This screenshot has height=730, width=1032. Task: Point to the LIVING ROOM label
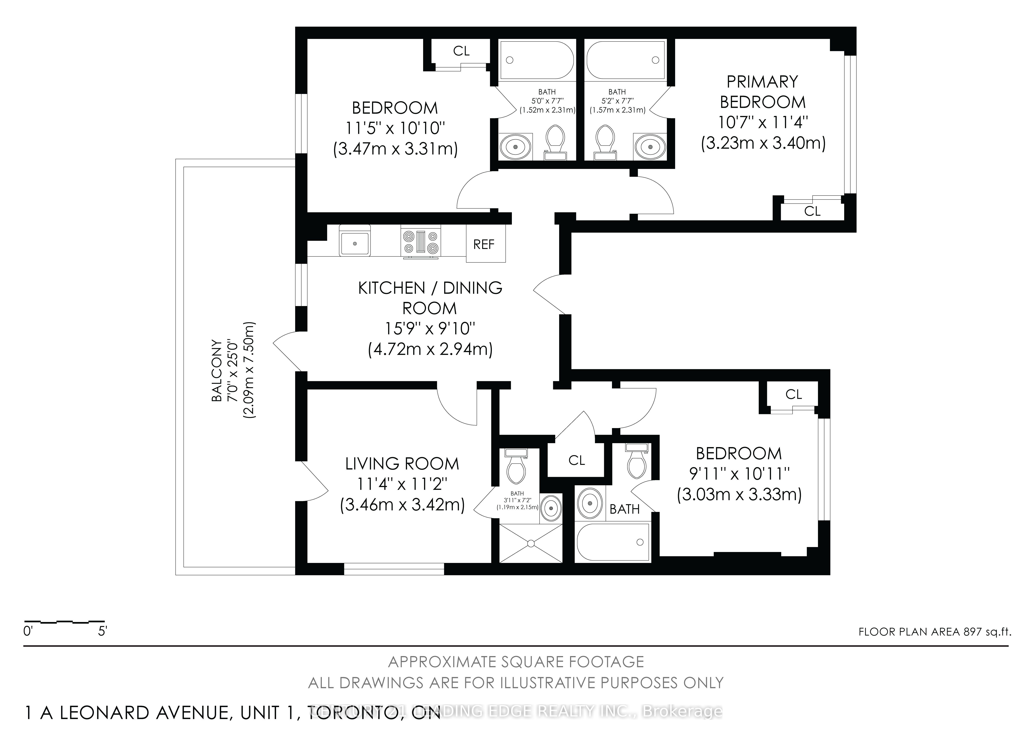402,464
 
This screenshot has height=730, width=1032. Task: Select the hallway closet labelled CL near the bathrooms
576,460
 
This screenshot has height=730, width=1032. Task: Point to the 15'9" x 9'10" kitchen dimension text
430,328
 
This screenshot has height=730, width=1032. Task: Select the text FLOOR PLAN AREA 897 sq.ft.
934,631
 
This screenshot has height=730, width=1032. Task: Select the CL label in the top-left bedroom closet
461,51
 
